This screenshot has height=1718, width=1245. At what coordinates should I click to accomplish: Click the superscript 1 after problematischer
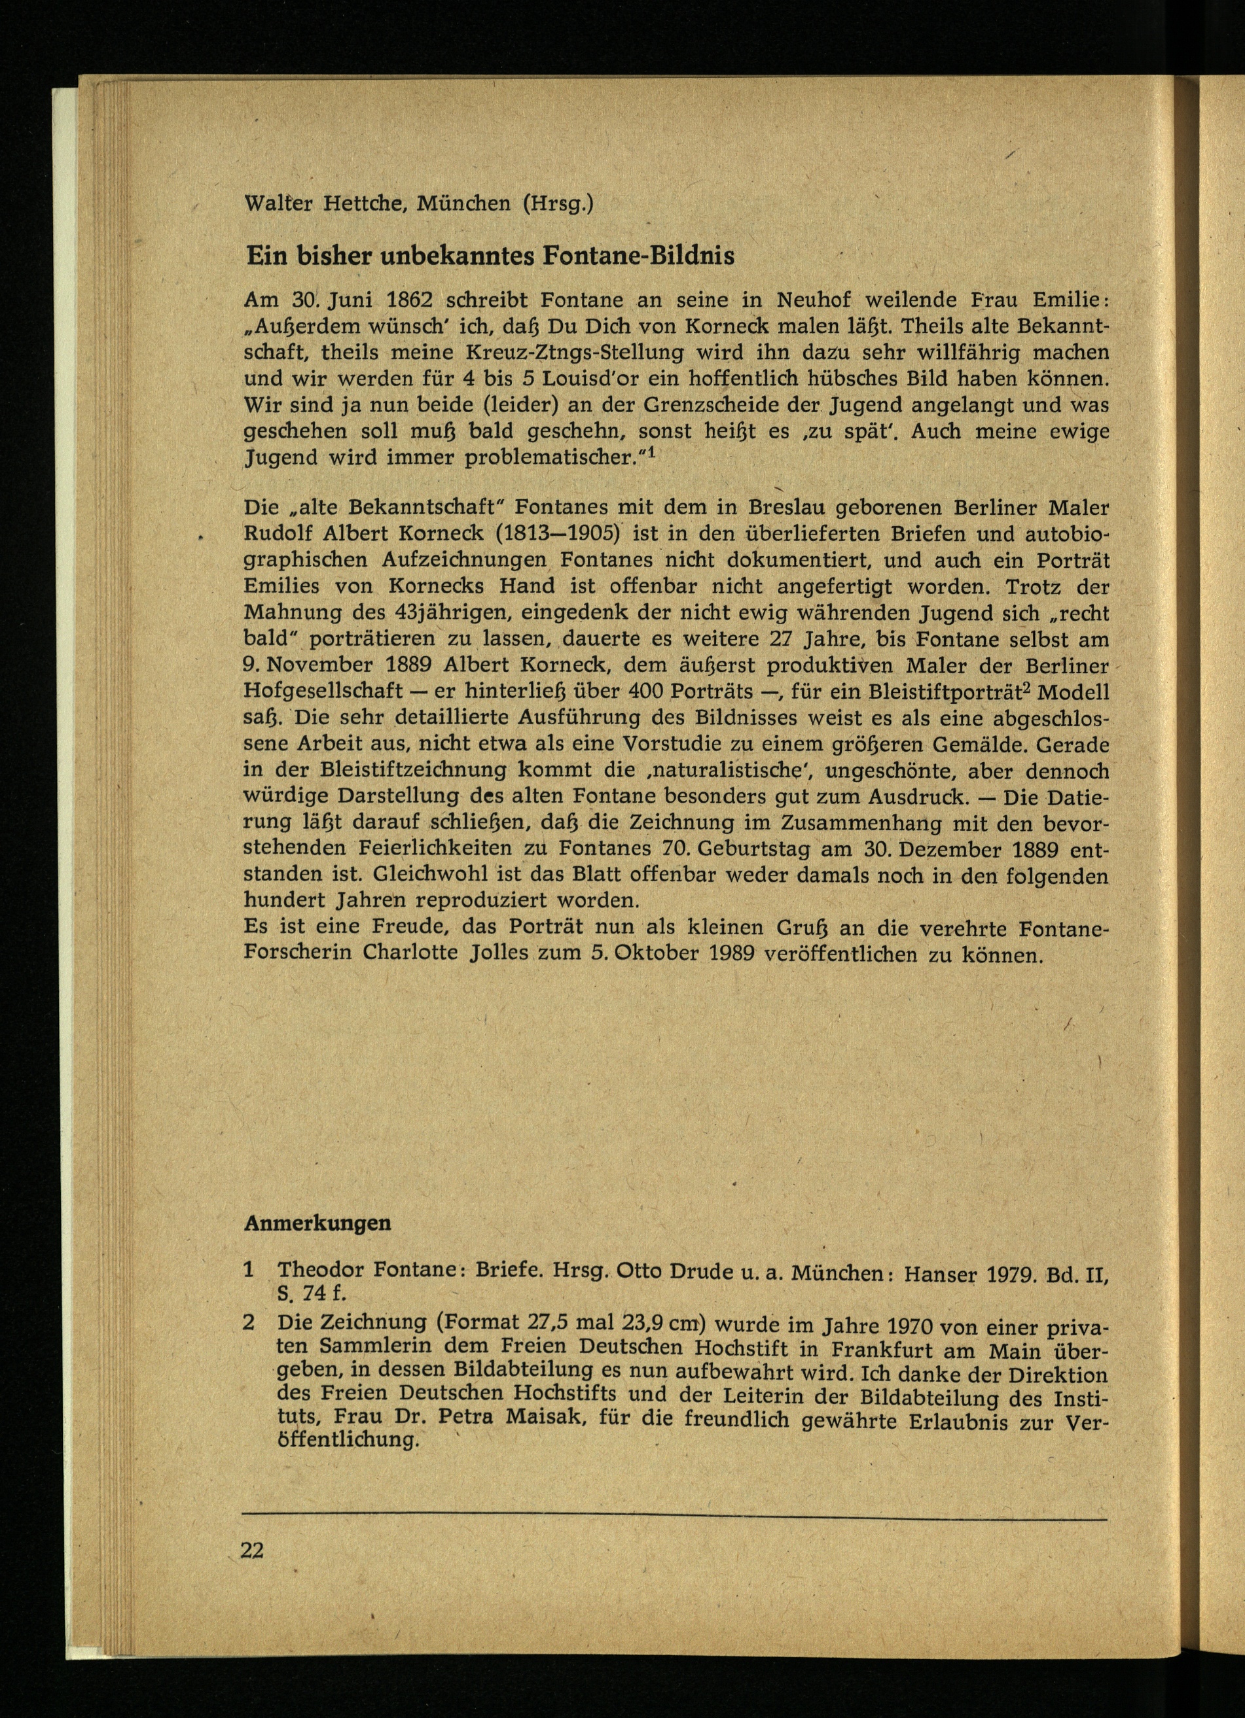(x=650, y=454)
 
